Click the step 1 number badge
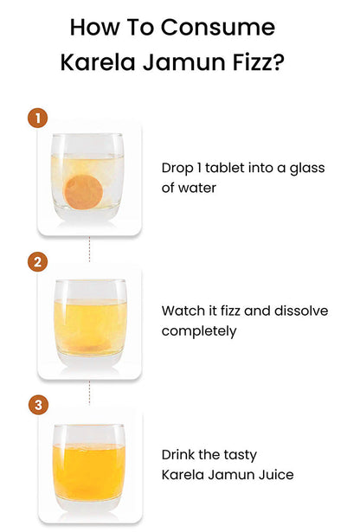38,118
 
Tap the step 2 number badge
38,261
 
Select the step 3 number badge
38,405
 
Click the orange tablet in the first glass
83,192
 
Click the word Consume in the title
217,27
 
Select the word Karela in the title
98,62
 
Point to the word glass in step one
307,169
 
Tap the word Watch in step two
183,311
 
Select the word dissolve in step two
301,311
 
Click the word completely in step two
199,331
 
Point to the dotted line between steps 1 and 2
90,249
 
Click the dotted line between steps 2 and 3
90,393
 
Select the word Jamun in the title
184,62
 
